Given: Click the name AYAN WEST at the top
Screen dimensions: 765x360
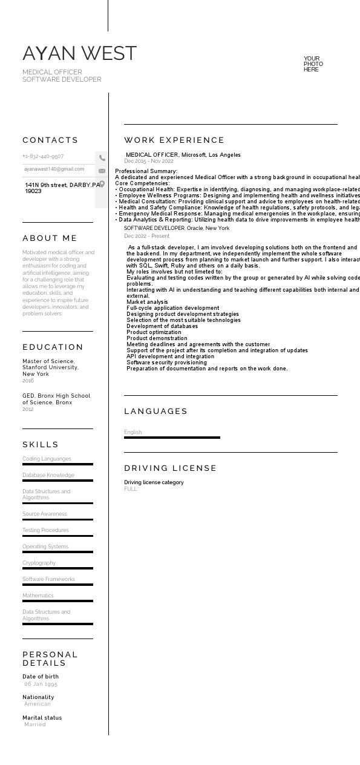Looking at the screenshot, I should click(x=79, y=54).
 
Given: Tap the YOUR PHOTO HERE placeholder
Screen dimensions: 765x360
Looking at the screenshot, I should click(x=313, y=64).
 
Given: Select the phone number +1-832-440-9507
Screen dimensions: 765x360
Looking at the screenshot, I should click(x=43, y=156).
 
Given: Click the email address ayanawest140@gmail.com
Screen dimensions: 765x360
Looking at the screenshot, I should click(x=54, y=169).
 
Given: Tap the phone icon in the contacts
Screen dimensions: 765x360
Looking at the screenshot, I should click(x=102, y=158).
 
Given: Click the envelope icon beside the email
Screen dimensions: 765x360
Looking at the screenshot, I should click(x=102, y=171).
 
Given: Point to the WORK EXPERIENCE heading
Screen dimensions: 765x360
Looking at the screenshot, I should click(x=174, y=140).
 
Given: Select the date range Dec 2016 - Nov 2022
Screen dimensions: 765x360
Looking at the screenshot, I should click(x=149, y=161).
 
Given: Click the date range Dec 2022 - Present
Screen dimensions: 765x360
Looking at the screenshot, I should click(x=146, y=236).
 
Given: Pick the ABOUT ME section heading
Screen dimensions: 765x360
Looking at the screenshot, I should click(x=50, y=238).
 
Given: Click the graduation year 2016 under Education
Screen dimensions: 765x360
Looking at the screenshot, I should click(x=28, y=381).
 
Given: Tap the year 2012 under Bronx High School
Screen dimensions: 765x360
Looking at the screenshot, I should click(x=28, y=409).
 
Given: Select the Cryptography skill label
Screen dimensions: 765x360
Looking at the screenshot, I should click(x=39, y=563).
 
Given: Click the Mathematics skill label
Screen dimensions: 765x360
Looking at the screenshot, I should click(x=38, y=596).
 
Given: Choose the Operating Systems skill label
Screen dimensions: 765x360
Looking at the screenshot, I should click(x=45, y=547).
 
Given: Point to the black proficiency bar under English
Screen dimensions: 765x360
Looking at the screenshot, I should click(x=172, y=438).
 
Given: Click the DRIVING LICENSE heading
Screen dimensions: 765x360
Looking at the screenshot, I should click(x=171, y=468).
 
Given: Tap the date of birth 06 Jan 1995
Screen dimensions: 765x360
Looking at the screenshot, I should click(x=41, y=684).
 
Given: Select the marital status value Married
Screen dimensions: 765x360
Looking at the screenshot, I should click(x=35, y=724).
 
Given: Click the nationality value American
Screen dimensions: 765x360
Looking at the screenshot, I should click(x=38, y=704).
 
